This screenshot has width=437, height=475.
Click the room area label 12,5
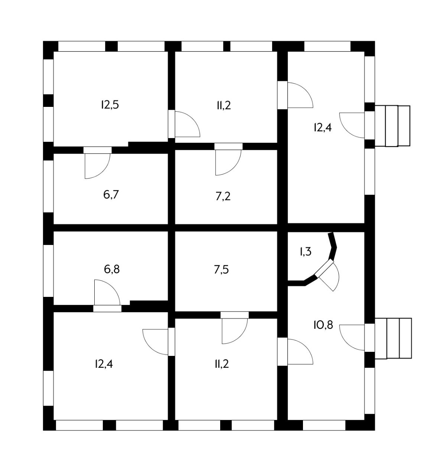[110, 105]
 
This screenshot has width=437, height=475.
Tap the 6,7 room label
[111, 194]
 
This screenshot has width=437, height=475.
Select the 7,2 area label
[223, 196]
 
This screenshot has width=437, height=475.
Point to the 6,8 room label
[112, 269]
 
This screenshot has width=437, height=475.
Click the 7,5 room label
[221, 269]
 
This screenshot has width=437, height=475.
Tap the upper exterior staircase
[392, 126]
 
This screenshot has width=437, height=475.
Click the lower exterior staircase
[393, 338]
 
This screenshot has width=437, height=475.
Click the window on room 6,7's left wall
[49, 186]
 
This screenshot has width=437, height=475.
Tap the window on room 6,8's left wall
[49, 271]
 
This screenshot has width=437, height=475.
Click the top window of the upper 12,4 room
[327, 46]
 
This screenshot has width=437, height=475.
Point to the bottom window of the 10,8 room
[324, 425]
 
